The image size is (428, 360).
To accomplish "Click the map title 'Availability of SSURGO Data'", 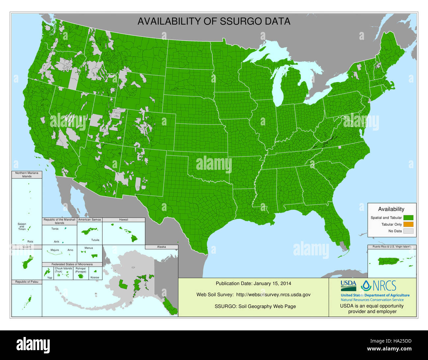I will pyautogui.click(x=214, y=21).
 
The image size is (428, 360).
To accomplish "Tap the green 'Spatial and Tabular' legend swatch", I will pyautogui.click(x=408, y=218).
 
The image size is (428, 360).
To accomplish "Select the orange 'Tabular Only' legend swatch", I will pyautogui.click(x=408, y=224).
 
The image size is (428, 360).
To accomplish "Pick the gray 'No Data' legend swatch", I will pyautogui.click(x=408, y=231).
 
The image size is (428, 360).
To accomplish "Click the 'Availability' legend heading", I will pyautogui.click(x=391, y=209).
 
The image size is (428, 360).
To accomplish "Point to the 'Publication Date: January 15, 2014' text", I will pyautogui.click(x=253, y=283).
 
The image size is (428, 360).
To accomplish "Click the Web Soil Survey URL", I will pyautogui.click(x=273, y=295).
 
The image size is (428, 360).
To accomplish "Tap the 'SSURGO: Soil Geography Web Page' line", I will pyautogui.click(x=255, y=306).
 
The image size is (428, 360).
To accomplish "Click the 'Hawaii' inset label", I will pyautogui.click(x=123, y=219).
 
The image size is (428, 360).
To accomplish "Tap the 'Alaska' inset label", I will pyautogui.click(x=161, y=246).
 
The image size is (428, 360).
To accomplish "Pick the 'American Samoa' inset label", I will pyautogui.click(x=90, y=219).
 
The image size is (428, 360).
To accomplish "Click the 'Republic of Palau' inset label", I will pyautogui.click(x=27, y=282).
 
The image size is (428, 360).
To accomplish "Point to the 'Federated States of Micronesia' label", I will pyautogui.click(x=72, y=264).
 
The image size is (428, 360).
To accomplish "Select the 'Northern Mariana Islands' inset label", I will pyautogui.click(x=27, y=174).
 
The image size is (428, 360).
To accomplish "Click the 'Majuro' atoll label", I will pyautogui.click(x=55, y=250).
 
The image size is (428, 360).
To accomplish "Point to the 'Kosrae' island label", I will pyautogui.click(x=94, y=277).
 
